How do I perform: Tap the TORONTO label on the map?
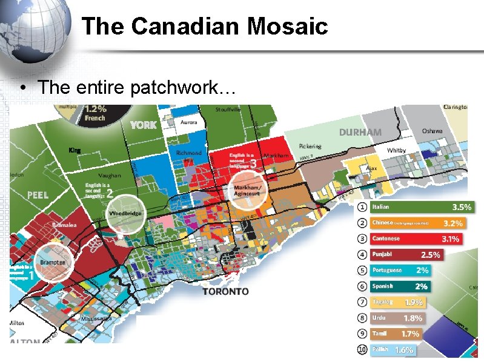[x=225, y=291]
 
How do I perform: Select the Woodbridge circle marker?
[x=125, y=214]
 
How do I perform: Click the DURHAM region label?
[x=360, y=132]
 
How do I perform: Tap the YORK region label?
[x=143, y=125]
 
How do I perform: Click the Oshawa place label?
[x=432, y=131]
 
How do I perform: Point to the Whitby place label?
[x=396, y=150]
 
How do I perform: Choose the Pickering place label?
[x=310, y=146]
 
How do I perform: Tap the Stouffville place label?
[x=228, y=110]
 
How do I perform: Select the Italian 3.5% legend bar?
[x=421, y=207]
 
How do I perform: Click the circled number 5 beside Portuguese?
[x=362, y=270]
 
